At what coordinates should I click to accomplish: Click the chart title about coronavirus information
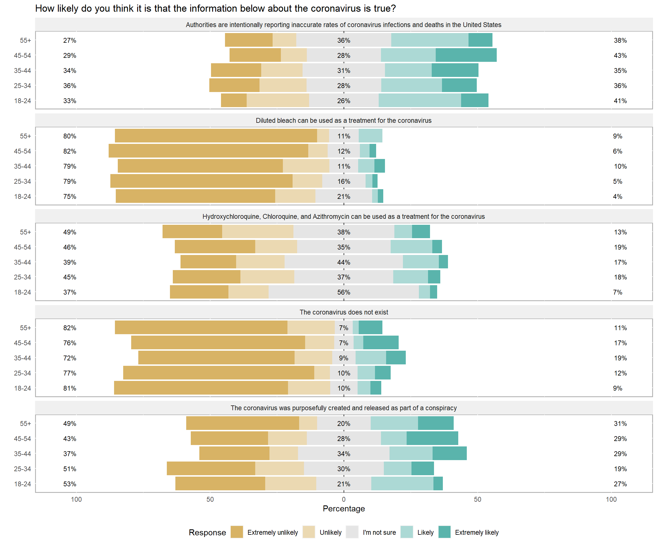pyautogui.click(x=215, y=9)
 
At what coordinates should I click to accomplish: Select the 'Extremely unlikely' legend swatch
pyautogui.click(x=236, y=532)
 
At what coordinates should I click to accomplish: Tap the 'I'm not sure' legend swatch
pyautogui.click(x=352, y=532)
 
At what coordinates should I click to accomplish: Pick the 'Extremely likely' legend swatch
pyautogui.click(x=444, y=532)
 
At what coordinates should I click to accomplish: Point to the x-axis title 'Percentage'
pyautogui.click(x=344, y=509)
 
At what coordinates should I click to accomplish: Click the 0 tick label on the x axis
pyautogui.click(x=344, y=499)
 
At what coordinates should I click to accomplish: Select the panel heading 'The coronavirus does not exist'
pyautogui.click(x=344, y=312)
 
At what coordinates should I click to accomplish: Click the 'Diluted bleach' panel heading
pyautogui.click(x=344, y=121)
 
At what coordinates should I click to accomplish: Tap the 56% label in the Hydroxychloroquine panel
pyautogui.click(x=344, y=292)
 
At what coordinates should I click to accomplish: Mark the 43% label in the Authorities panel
pyautogui.click(x=620, y=56)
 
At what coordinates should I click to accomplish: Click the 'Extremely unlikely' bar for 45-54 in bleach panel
pyautogui.click(x=208, y=151)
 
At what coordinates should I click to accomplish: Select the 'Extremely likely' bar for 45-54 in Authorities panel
pyautogui.click(x=466, y=55)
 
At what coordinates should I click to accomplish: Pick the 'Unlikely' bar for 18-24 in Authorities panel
pyautogui.click(x=277, y=101)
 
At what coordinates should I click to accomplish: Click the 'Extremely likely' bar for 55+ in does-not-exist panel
pyautogui.click(x=370, y=328)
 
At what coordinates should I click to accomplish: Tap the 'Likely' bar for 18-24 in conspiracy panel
pyautogui.click(x=402, y=483)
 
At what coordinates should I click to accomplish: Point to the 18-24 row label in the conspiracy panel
pyautogui.click(x=23, y=484)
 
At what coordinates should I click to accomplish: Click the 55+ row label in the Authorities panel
pyautogui.click(x=25, y=40)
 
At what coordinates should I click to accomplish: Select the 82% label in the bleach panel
pyautogui.click(x=70, y=151)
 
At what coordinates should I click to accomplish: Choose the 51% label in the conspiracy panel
pyautogui.click(x=70, y=469)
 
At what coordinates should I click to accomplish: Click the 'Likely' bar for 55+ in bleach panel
pyautogui.click(x=370, y=136)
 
